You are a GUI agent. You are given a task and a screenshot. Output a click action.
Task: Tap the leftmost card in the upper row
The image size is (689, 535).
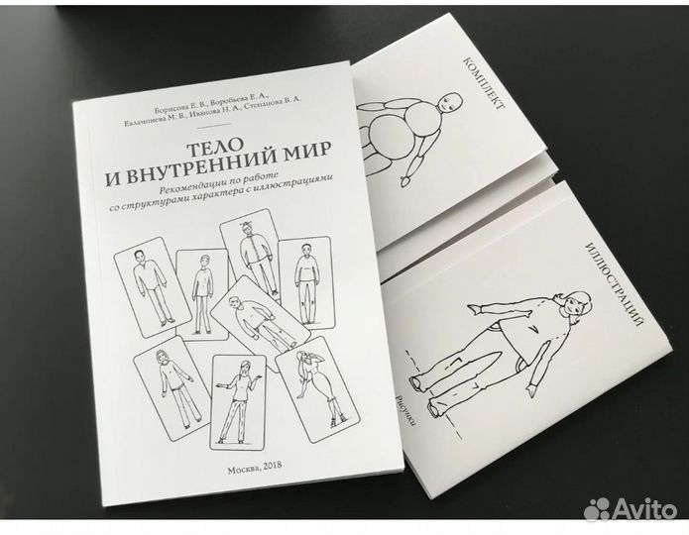click(x=153, y=281)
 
